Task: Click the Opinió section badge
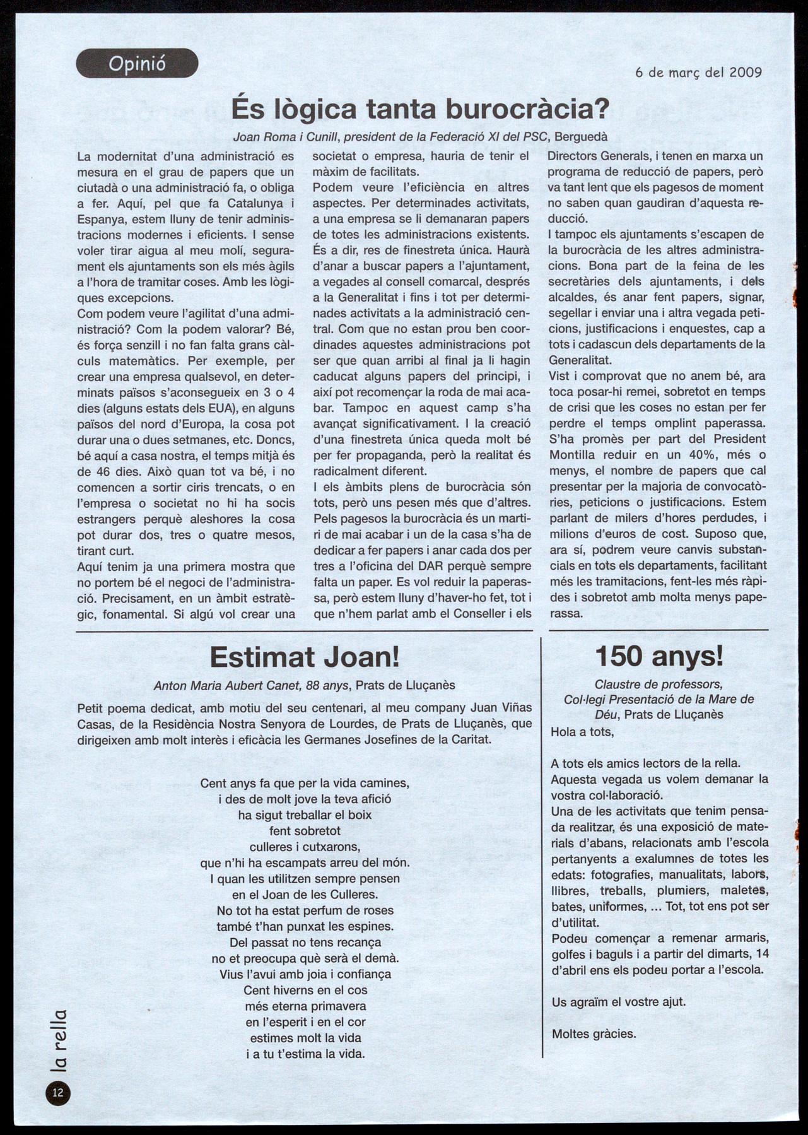(137, 64)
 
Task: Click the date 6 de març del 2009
(698, 72)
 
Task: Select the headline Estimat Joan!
(305, 657)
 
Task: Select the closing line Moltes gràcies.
(594, 1033)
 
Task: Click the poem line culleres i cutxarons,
(305, 847)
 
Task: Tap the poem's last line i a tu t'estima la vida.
(305, 1054)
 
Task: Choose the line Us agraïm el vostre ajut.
(618, 1002)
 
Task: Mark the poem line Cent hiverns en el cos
(305, 990)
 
